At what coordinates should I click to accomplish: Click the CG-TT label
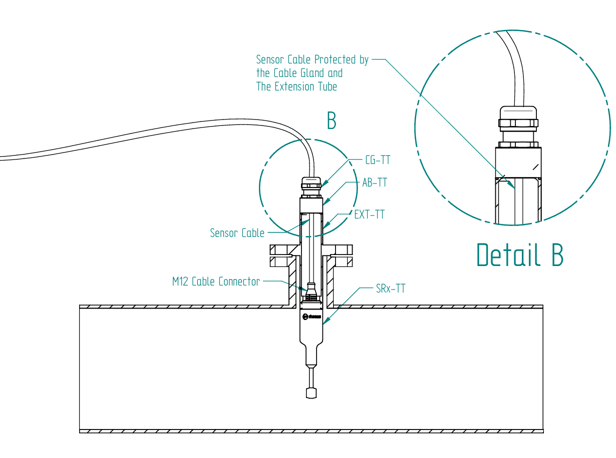tap(378, 160)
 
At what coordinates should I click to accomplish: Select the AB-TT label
tap(375, 182)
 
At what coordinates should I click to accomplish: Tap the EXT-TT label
tap(369, 214)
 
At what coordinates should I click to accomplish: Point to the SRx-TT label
tap(391, 288)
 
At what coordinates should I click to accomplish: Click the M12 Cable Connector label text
tap(216, 281)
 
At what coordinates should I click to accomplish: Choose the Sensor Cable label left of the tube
tap(237, 233)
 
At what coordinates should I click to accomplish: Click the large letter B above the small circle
tap(332, 120)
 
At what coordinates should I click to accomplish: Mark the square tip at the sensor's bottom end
tap(311, 392)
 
